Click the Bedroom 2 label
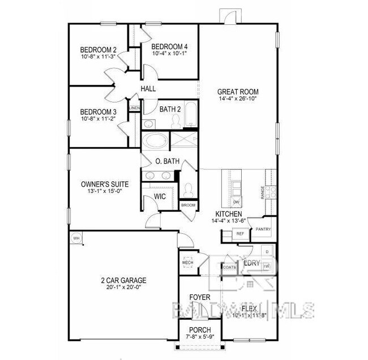(99, 49)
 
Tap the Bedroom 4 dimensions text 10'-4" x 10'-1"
(170, 54)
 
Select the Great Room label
(238, 91)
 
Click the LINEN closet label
(135, 108)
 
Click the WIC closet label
(160, 196)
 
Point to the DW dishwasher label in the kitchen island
(236, 202)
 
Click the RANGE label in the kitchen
(263, 192)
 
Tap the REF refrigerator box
(240, 233)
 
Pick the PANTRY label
(263, 229)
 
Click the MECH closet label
(187, 263)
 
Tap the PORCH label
(200, 330)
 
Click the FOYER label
(200, 297)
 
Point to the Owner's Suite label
(105, 184)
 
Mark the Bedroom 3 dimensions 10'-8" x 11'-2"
(99, 118)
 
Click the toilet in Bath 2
(176, 119)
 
